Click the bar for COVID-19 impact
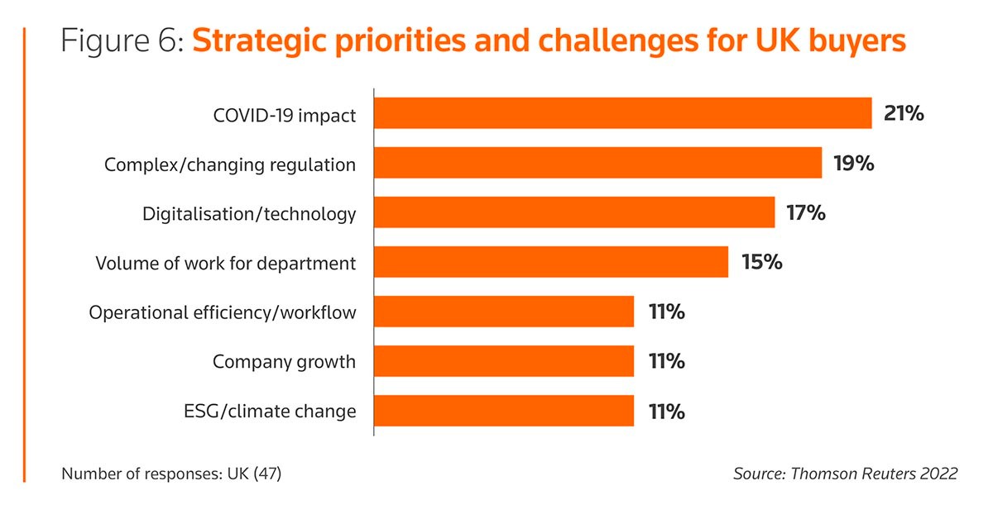[622, 113]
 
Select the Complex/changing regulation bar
[597, 163]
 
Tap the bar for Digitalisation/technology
[574, 212]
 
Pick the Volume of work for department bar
[551, 262]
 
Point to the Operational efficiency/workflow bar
[504, 312]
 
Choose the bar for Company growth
[504, 361]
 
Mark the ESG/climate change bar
[504, 410]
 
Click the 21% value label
[903, 113]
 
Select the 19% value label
[853, 163]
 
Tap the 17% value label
[806, 212]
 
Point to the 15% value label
[760, 262]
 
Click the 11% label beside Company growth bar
[665, 361]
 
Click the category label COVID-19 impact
[284, 115]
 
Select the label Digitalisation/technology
[249, 214]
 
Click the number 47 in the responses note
[268, 474]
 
